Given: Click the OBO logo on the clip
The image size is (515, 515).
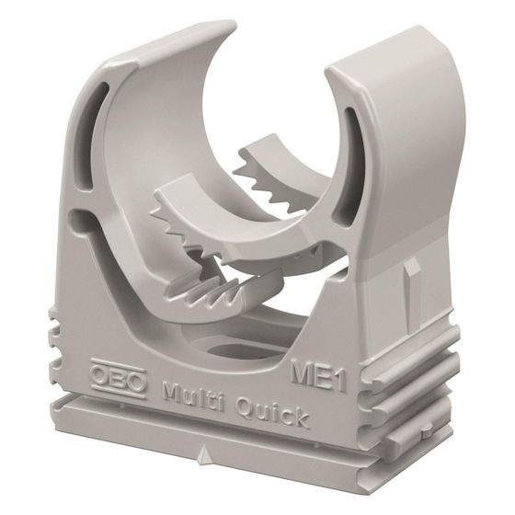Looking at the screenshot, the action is (119, 377).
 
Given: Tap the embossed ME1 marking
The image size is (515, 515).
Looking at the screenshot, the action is (318, 373).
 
